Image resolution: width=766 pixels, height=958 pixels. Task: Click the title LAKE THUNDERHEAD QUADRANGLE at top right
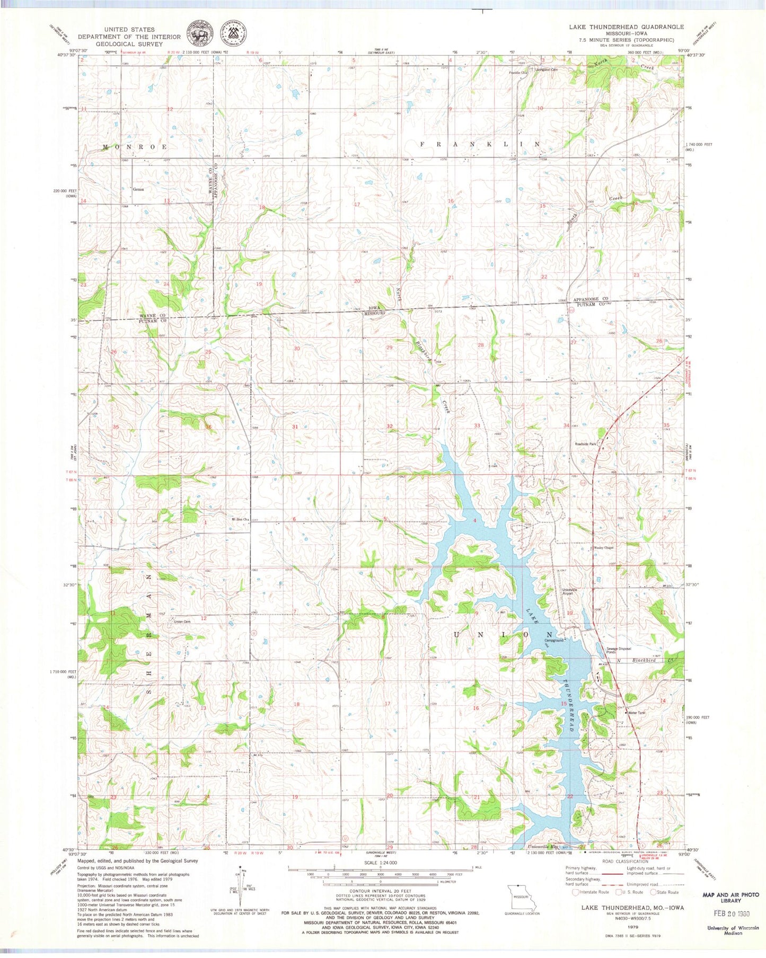[x=626, y=26]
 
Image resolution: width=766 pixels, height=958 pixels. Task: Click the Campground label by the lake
[x=553, y=640]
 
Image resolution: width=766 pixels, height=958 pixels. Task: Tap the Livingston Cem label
[x=546, y=69]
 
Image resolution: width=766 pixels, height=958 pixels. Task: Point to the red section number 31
[x=295, y=427]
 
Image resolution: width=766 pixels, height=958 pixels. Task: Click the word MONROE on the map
[x=135, y=146]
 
